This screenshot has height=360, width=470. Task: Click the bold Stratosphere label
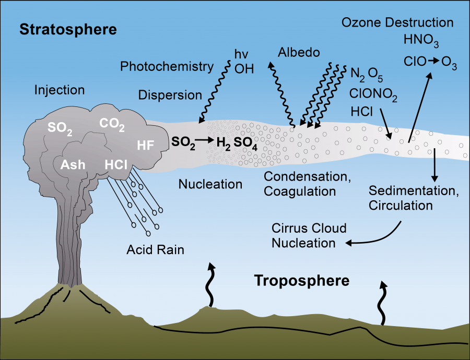tap(68, 30)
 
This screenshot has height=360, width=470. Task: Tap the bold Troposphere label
tap(301, 281)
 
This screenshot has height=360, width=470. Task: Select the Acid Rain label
tap(155, 249)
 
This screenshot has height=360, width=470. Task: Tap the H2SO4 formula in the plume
tap(238, 142)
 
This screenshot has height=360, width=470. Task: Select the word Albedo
tap(299, 53)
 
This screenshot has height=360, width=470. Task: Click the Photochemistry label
tap(167, 66)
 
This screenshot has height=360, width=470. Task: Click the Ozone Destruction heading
tap(397, 22)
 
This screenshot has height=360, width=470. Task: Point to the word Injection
tap(59, 90)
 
